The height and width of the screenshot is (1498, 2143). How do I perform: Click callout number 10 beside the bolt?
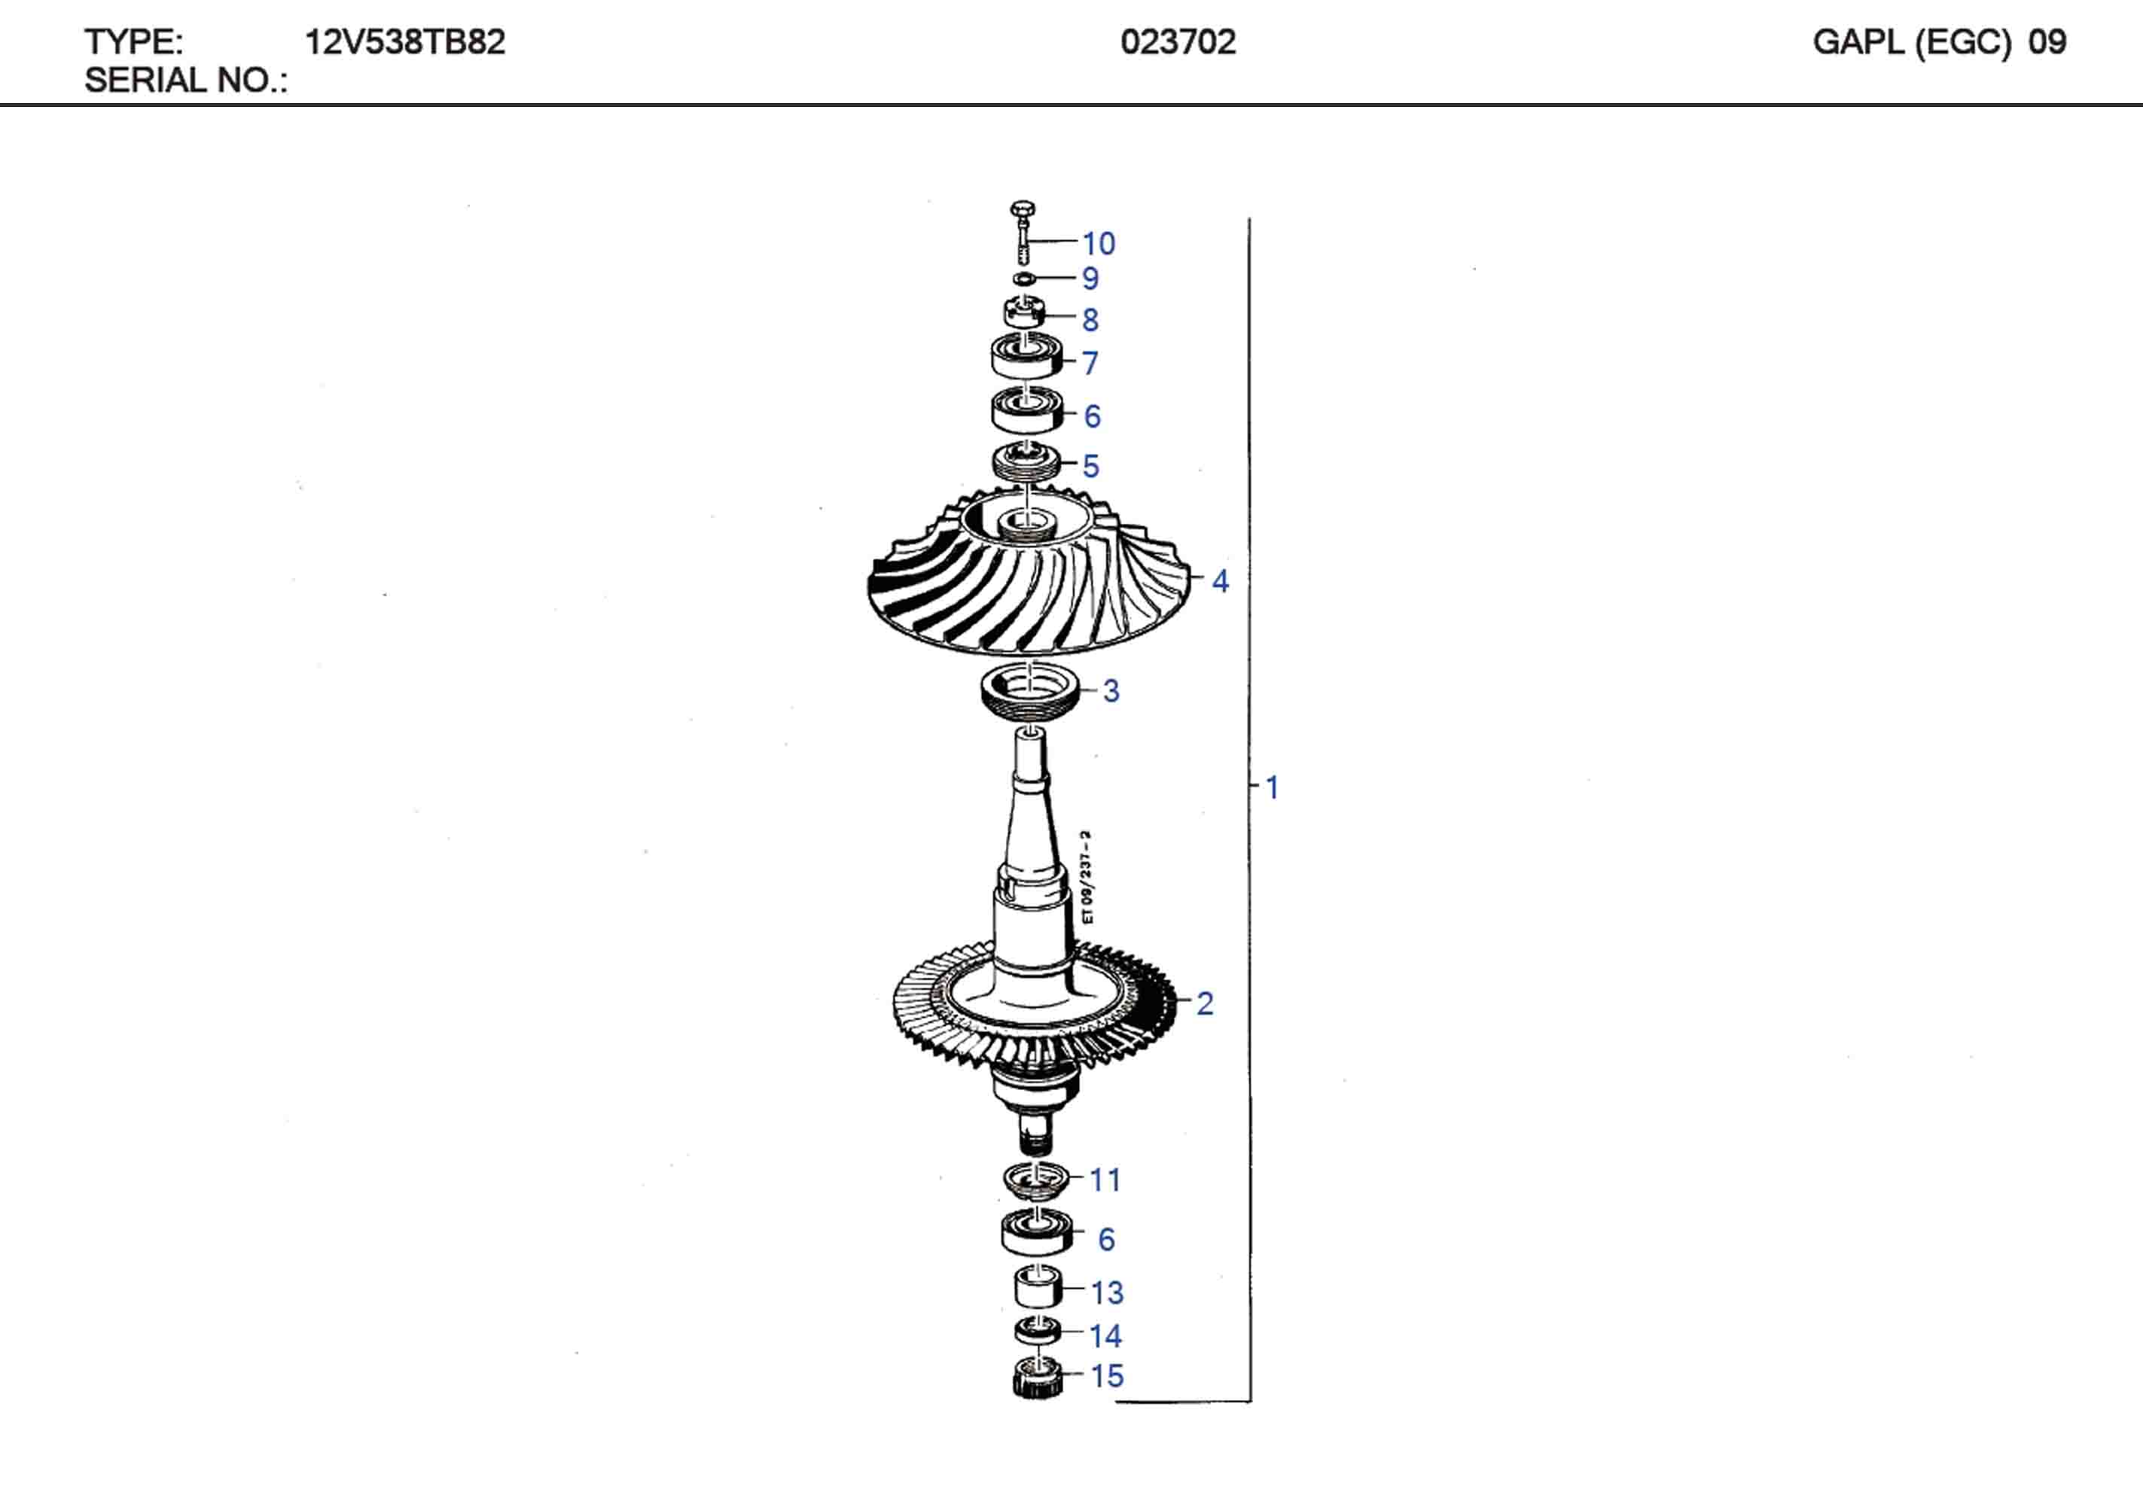[1099, 244]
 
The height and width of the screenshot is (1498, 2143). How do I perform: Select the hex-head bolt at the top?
[1023, 230]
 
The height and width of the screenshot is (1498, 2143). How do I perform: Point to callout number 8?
[1090, 320]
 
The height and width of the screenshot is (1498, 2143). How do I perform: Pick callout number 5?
[1090, 466]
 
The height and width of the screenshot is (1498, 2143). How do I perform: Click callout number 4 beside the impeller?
[1220, 581]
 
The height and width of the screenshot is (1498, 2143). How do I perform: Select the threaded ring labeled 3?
[1029, 692]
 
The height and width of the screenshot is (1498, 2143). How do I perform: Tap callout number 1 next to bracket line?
[1271, 787]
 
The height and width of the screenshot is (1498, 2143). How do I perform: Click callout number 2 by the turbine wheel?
[1204, 1003]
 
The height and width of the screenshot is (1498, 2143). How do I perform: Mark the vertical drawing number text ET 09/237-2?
[1087, 876]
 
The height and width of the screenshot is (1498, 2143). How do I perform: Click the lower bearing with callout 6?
[1036, 1232]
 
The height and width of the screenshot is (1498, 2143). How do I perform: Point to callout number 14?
[1105, 1335]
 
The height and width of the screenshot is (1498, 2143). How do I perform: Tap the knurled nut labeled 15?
[1037, 1378]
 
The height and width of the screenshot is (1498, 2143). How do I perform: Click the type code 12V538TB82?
[404, 42]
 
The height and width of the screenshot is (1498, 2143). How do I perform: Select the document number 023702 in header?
[1178, 42]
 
